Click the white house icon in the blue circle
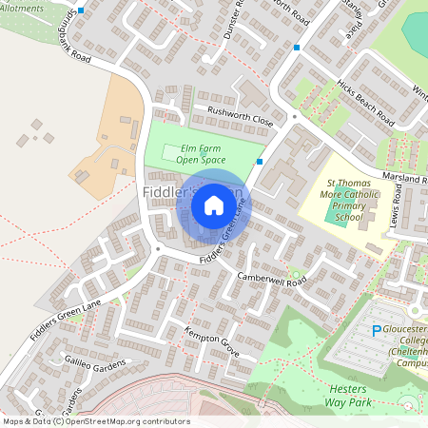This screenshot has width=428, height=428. (x=214, y=204)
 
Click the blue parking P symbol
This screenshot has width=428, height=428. (x=376, y=331)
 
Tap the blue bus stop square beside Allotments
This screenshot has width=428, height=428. (x=81, y=10)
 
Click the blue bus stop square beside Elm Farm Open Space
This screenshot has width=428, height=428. (x=260, y=162)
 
